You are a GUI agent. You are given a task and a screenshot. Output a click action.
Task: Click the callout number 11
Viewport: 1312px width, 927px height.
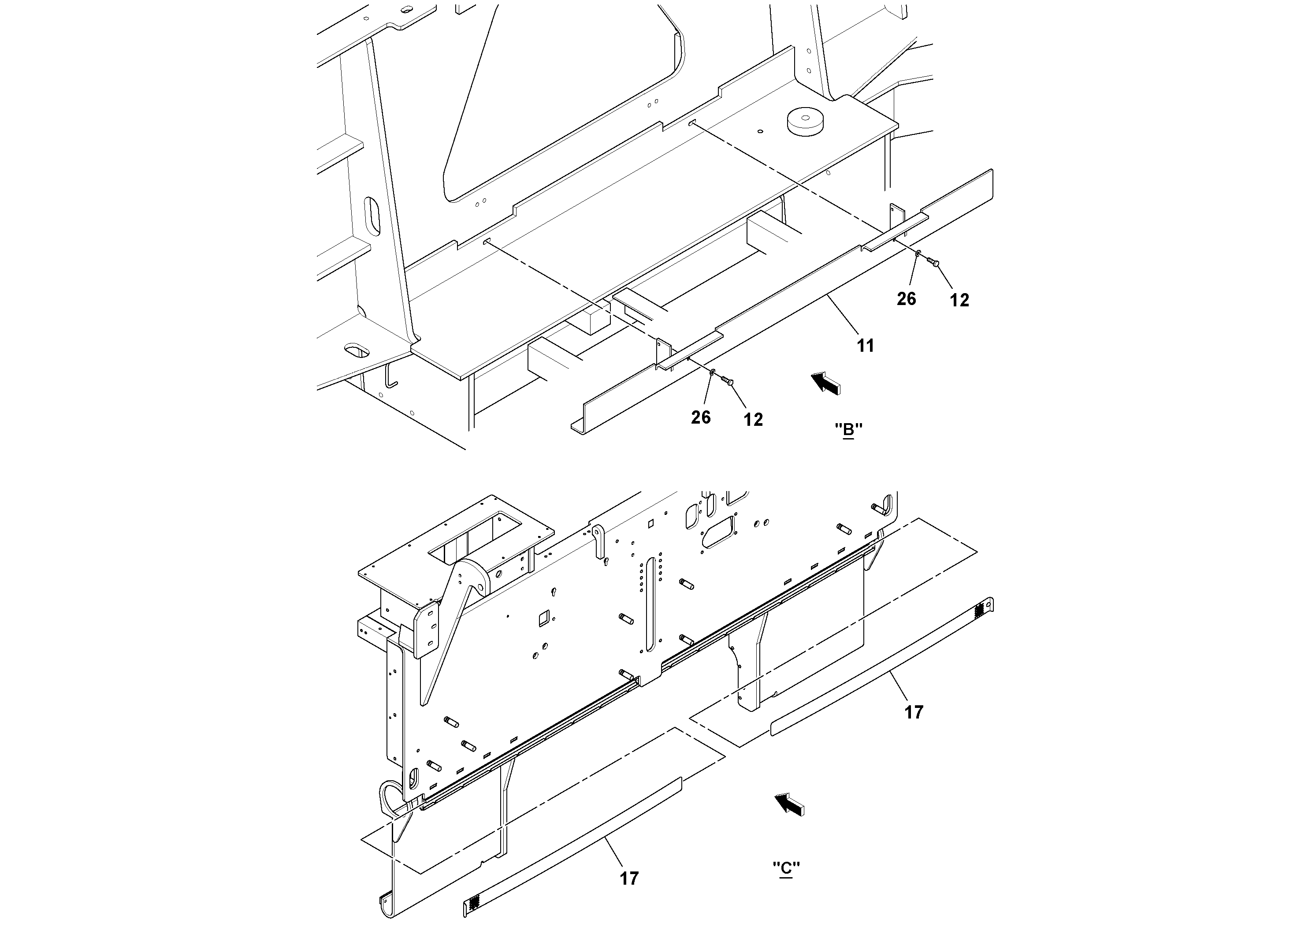865,346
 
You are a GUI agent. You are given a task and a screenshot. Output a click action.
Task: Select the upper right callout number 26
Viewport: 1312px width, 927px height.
906,299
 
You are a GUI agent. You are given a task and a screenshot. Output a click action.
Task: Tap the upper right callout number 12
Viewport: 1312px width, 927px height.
959,300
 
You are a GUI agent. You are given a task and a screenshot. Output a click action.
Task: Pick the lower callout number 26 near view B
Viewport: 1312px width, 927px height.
701,418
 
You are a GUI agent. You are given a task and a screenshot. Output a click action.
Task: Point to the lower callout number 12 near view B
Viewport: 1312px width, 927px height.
753,420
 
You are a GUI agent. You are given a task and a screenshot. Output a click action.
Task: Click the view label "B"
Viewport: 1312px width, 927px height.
848,429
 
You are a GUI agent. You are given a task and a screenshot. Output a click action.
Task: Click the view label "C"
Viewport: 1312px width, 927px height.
786,884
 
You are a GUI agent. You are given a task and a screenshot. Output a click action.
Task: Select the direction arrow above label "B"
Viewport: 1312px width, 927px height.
826,382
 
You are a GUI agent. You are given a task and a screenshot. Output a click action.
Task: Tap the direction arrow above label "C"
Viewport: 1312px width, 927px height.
789,804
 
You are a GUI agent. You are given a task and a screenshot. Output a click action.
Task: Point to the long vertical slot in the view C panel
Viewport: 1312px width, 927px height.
650,603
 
